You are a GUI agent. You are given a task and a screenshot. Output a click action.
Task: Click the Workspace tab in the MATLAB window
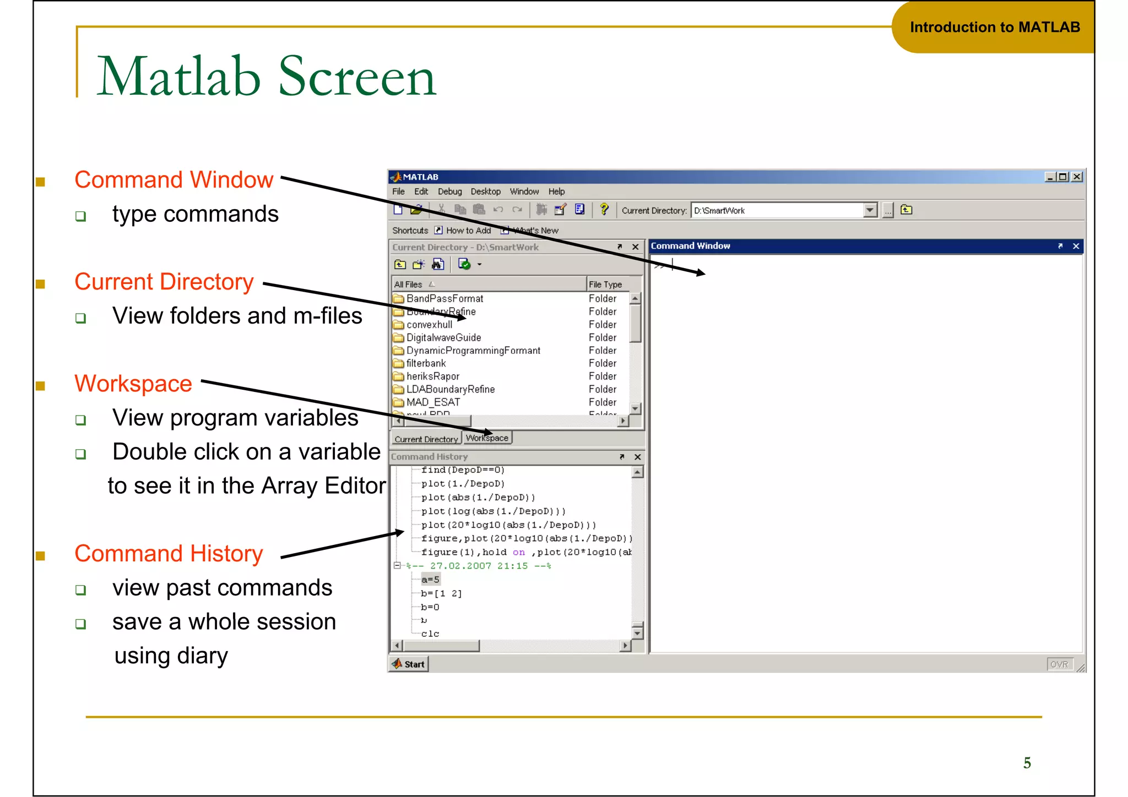[487, 438]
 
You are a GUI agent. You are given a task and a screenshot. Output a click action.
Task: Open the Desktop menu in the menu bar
[485, 192]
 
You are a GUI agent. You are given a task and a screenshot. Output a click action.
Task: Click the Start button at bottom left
[409, 664]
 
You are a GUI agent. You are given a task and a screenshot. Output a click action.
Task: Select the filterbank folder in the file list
[426, 363]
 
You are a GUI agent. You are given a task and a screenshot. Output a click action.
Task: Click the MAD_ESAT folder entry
[433, 402]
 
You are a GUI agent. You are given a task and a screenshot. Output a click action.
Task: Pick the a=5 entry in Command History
[430, 580]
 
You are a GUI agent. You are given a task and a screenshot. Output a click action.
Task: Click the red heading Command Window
[173, 180]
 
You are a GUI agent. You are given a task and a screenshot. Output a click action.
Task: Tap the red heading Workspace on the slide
[133, 384]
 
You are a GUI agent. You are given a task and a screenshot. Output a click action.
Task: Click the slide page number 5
[1027, 763]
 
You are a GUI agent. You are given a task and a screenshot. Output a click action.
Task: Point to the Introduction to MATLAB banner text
[995, 28]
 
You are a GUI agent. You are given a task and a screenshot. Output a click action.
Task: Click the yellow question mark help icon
[604, 209]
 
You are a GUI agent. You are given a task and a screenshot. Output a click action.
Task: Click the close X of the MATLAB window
[1077, 177]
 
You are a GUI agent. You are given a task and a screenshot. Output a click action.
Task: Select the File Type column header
[605, 285]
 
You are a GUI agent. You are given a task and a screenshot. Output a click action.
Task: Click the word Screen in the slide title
[358, 77]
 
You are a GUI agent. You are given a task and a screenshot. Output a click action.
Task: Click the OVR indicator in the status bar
[1059, 664]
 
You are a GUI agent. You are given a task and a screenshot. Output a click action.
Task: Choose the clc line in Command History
[430, 634]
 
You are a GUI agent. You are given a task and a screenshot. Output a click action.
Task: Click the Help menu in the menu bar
[556, 192]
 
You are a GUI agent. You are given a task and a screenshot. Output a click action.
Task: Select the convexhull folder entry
[429, 325]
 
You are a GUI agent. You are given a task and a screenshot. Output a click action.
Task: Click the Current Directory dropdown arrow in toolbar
[870, 210]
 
